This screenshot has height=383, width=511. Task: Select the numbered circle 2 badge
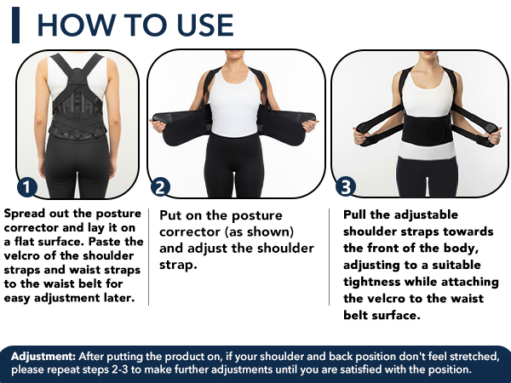pos(159,187)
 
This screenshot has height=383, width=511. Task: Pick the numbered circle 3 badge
pos(346,186)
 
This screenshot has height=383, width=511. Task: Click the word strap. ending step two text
pos(180,265)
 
